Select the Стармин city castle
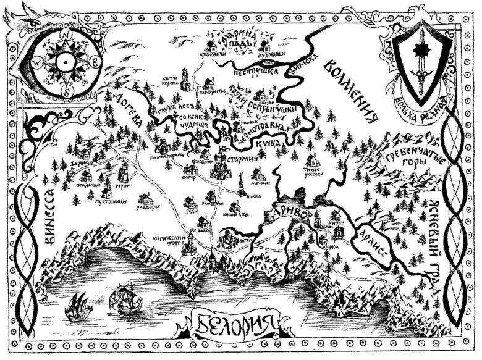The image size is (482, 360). coord(220,166)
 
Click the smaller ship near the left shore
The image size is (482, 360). coord(78,304)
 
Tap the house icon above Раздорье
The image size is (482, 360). coord(146,199)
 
